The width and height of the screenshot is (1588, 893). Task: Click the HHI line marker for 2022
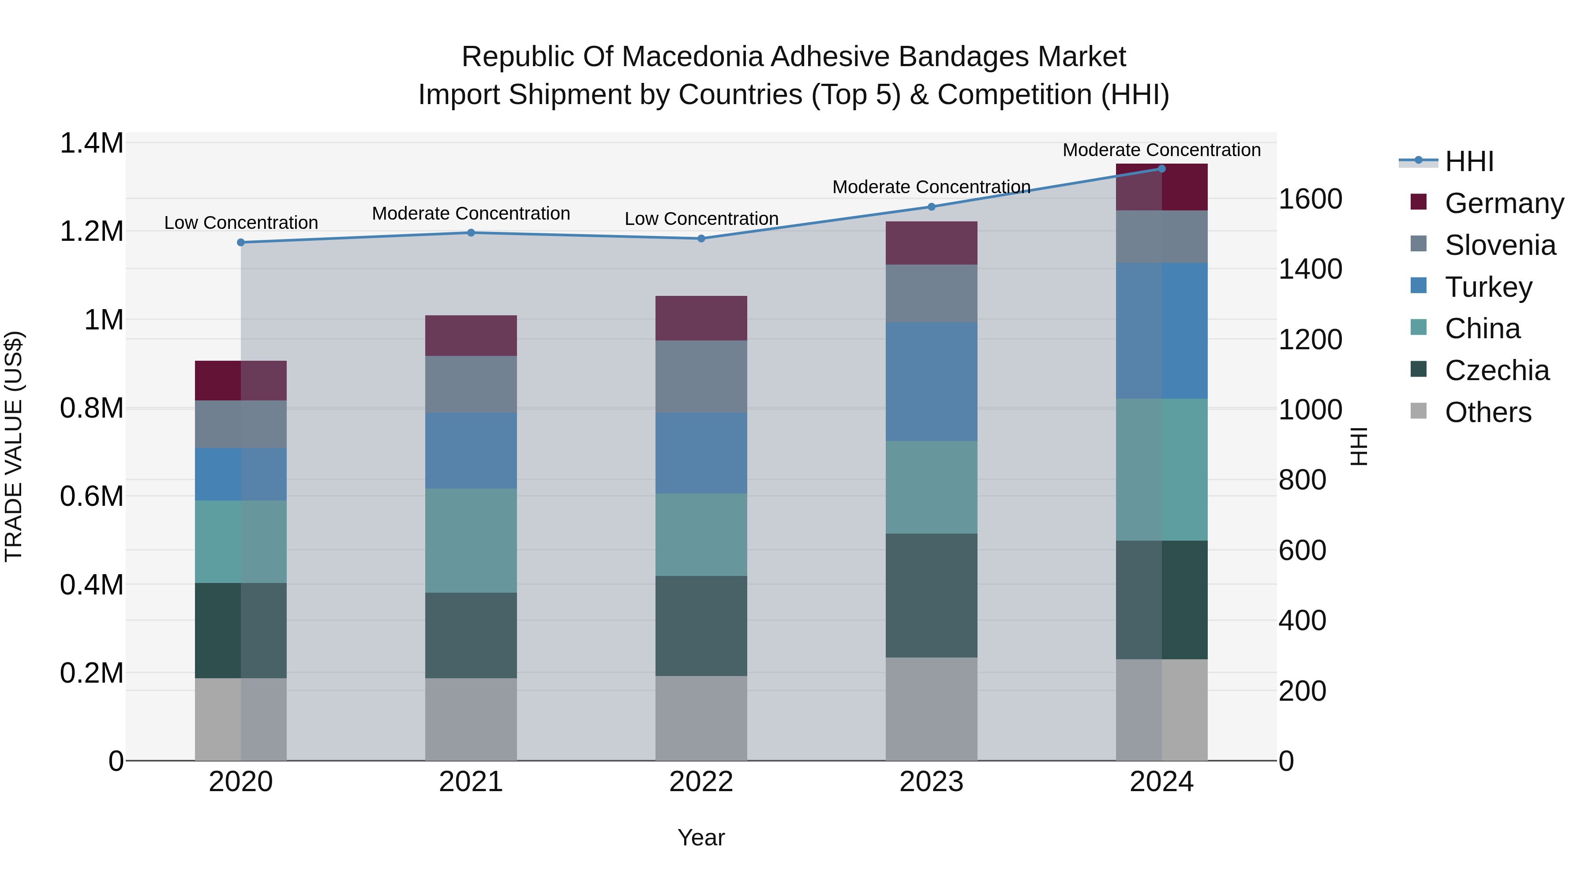[x=701, y=239]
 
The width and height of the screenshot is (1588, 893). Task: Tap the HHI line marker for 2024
[x=1161, y=169]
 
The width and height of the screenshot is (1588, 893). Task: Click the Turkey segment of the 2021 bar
[x=471, y=451]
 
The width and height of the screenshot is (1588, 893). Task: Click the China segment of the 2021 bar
[x=471, y=541]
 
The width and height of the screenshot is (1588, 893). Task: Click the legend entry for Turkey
[x=1487, y=287]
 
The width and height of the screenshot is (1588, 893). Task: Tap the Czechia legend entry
[x=1496, y=370]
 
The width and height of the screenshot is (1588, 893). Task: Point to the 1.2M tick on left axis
[x=92, y=232]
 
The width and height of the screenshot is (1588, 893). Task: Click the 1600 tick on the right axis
[x=1310, y=199]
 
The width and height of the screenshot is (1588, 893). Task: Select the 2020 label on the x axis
[x=240, y=782]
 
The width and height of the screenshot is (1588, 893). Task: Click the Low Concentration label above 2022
[x=701, y=219]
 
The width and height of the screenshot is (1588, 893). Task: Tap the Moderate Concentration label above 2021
[x=471, y=213]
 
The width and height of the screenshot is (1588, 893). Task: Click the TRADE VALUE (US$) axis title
[x=14, y=446]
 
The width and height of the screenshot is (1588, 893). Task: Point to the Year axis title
[x=701, y=837]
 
